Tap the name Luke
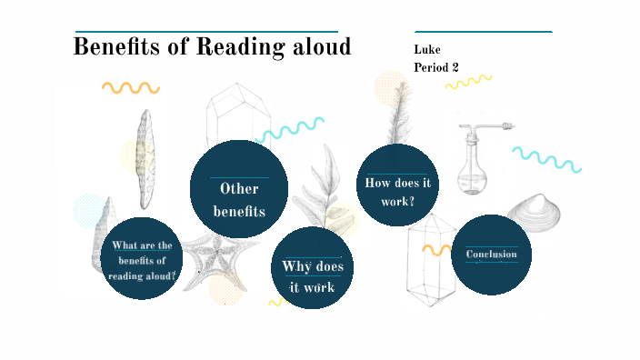(426, 50)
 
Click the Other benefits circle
(239, 188)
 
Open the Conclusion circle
(491, 255)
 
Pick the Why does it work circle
(312, 269)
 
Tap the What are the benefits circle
(142, 259)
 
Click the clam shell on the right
(536, 213)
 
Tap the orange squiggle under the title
(131, 88)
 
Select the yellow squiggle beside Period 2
(468, 83)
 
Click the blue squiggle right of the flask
(545, 158)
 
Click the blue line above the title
(206, 31)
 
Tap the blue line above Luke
(483, 32)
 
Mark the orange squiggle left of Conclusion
(436, 248)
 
